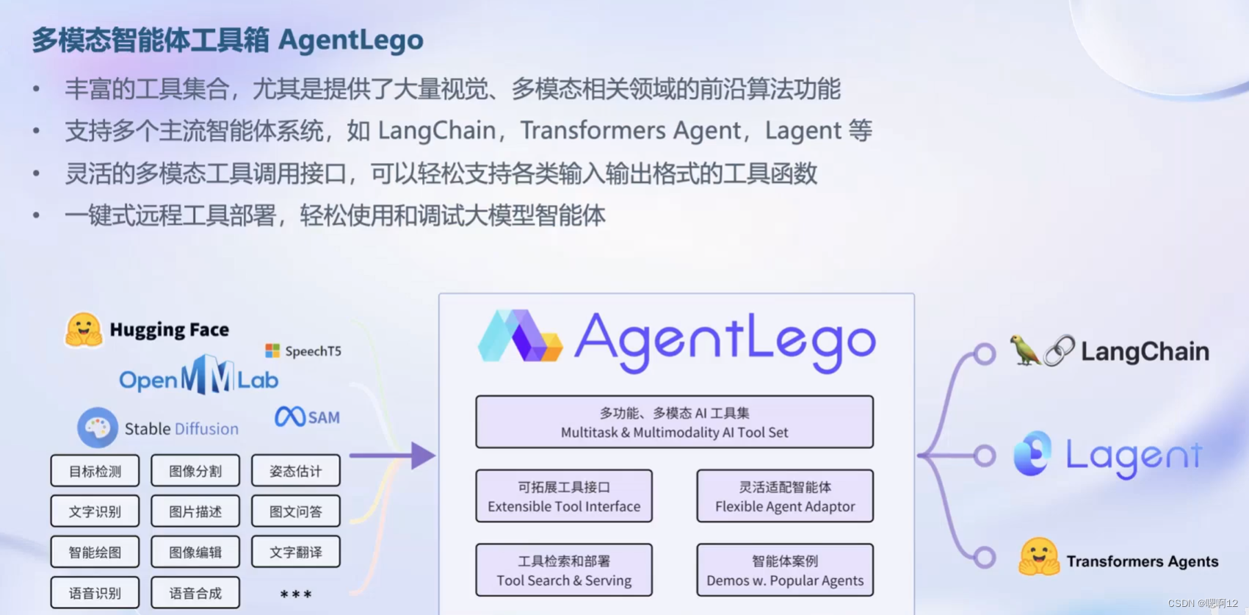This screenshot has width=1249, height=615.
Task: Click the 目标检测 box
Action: tap(95, 471)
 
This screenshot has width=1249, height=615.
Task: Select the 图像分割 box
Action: tap(195, 471)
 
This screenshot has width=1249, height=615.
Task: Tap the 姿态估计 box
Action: tap(296, 471)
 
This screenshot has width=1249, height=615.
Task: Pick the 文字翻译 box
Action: tap(296, 552)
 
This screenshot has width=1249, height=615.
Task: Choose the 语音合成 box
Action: tap(195, 593)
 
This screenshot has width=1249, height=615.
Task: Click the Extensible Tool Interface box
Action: tap(564, 496)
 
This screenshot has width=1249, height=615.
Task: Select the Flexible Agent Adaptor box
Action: tap(785, 496)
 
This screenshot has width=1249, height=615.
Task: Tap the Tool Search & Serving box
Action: tap(564, 570)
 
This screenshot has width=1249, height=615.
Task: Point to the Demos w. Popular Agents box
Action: tap(785, 570)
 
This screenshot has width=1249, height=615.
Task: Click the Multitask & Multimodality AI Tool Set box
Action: tap(674, 422)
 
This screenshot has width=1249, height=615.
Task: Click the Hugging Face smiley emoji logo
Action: tap(84, 330)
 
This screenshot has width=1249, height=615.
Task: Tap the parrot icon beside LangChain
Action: tap(1024, 350)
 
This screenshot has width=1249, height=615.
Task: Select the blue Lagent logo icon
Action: tap(1032, 453)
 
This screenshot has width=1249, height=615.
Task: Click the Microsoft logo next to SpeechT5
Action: tap(272, 351)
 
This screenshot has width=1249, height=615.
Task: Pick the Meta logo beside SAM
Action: tap(289, 417)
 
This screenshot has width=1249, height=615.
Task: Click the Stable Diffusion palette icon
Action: tap(98, 428)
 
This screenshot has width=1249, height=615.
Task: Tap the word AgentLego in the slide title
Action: tap(351, 40)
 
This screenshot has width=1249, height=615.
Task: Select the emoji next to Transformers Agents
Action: tap(1038, 558)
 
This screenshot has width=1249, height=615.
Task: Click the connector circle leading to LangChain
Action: tap(985, 354)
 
